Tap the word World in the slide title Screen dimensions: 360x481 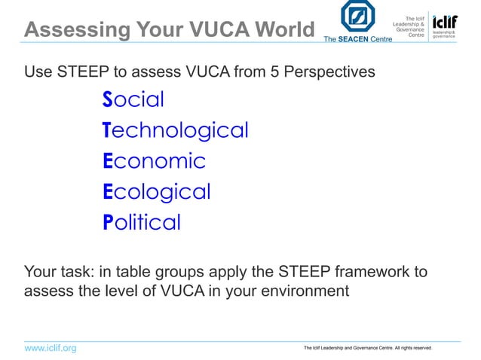(279, 30)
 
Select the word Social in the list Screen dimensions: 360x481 (133, 99)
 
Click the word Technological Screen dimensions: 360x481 (175, 130)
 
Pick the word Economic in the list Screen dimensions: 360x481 (154, 161)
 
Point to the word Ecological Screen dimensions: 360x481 (156, 192)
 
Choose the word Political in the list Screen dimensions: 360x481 (142, 223)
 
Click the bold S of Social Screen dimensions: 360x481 (108, 99)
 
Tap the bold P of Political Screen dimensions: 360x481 (108, 223)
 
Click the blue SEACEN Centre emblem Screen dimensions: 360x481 (357, 17)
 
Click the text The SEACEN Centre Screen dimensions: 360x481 (357, 38)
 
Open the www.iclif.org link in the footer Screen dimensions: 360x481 (51, 348)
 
